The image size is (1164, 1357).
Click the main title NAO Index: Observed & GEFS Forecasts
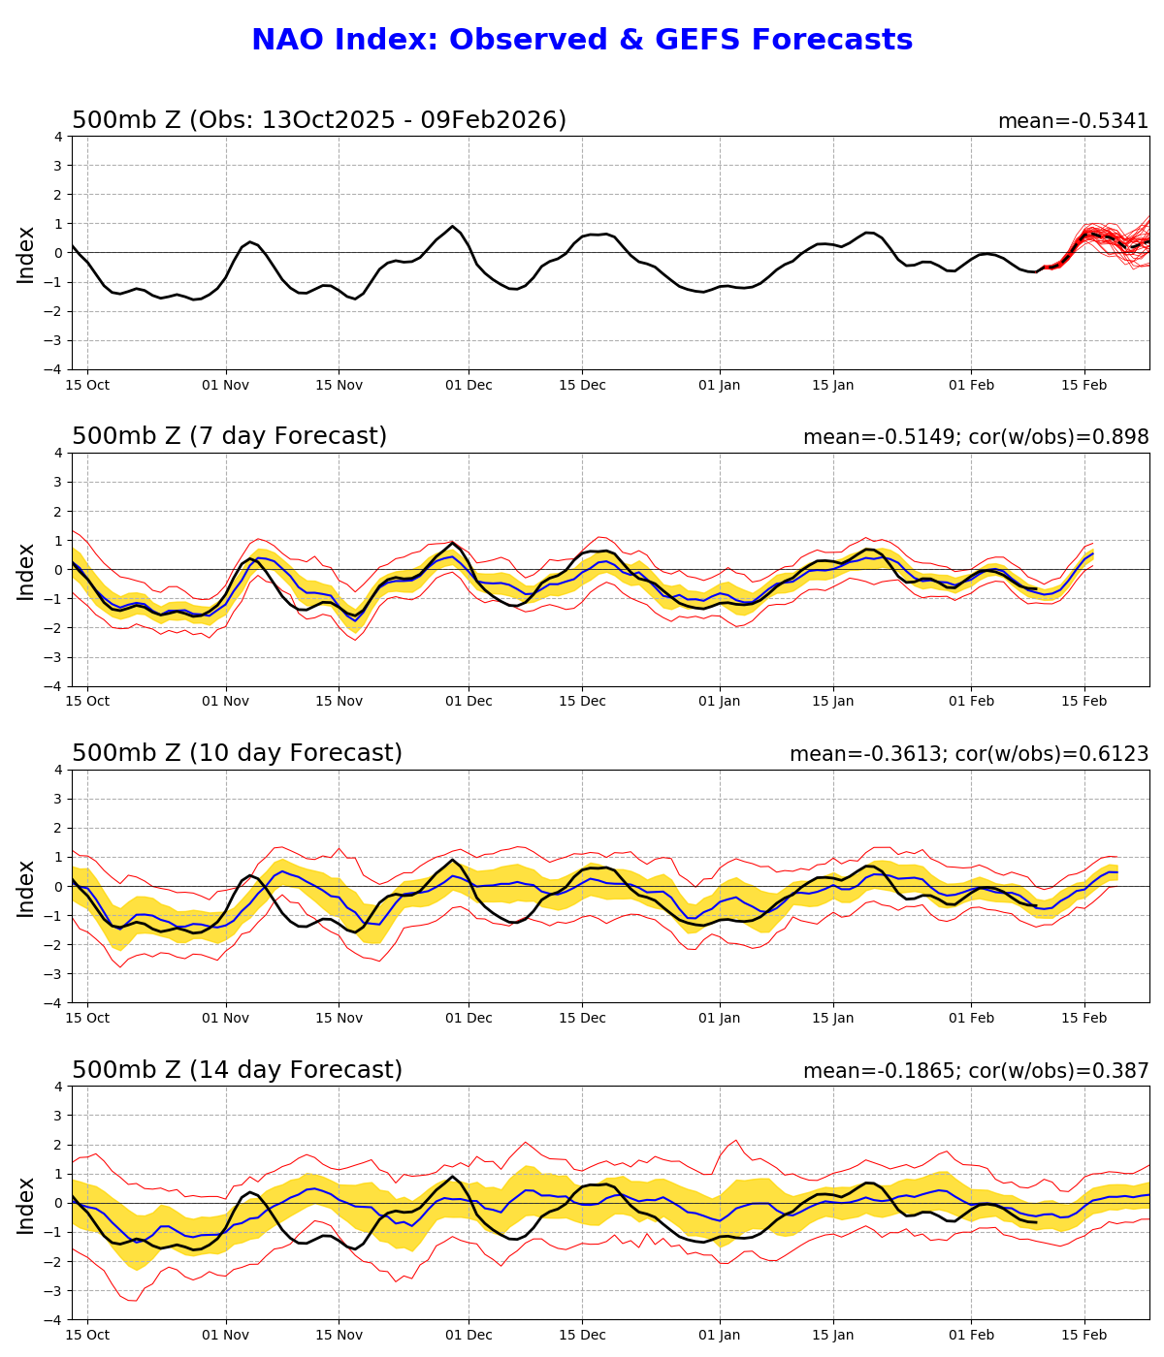tap(582, 41)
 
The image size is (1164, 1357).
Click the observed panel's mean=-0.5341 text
tap(1073, 121)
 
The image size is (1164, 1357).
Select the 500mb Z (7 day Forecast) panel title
tap(229, 437)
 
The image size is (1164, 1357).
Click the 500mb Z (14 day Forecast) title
tap(237, 1071)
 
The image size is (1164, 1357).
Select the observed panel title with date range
tap(319, 120)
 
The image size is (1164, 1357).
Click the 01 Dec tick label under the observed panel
tap(469, 385)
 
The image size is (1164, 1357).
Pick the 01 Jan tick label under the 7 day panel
tap(720, 702)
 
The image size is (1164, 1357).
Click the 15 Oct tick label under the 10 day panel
tap(87, 1019)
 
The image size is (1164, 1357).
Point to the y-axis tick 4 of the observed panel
tap(59, 137)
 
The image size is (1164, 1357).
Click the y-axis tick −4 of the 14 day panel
tap(54, 1320)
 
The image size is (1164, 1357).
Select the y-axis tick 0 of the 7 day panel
tap(59, 570)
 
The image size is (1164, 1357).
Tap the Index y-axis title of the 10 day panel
tap(26, 887)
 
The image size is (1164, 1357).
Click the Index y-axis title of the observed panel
tap(26, 254)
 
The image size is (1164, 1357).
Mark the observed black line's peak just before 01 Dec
tap(452, 226)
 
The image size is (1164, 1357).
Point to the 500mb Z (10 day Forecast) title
tap(237, 754)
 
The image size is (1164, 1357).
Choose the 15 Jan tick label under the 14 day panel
tap(832, 1336)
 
